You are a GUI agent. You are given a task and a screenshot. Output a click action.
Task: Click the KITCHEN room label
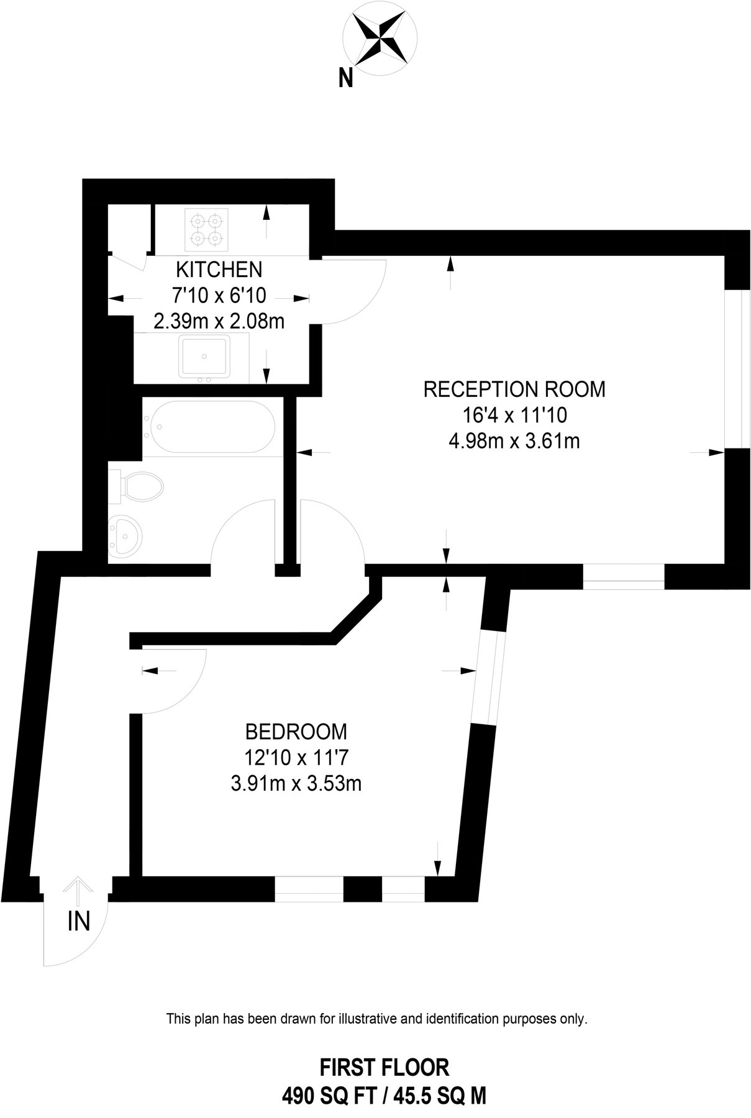tap(219, 270)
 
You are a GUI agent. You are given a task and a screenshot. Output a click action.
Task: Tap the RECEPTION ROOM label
tap(514, 389)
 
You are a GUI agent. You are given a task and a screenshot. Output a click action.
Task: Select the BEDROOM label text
tap(296, 732)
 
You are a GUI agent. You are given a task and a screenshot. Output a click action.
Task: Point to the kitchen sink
tap(204, 357)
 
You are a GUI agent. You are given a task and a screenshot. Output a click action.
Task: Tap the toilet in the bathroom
tap(140, 485)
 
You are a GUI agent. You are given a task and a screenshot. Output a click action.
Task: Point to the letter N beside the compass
tap(345, 78)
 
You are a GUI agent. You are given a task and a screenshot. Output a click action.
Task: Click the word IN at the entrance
tap(79, 921)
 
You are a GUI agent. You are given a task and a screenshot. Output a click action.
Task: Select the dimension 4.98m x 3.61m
tap(514, 441)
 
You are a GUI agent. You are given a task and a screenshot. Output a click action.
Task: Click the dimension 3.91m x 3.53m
tap(296, 784)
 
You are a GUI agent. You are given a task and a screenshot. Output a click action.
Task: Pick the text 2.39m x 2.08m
tap(219, 321)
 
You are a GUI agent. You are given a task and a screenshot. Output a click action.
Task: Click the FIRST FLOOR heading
tap(384, 1067)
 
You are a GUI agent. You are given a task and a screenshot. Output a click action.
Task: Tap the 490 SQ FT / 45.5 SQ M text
tap(384, 1096)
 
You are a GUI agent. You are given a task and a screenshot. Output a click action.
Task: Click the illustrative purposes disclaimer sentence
tap(376, 1019)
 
